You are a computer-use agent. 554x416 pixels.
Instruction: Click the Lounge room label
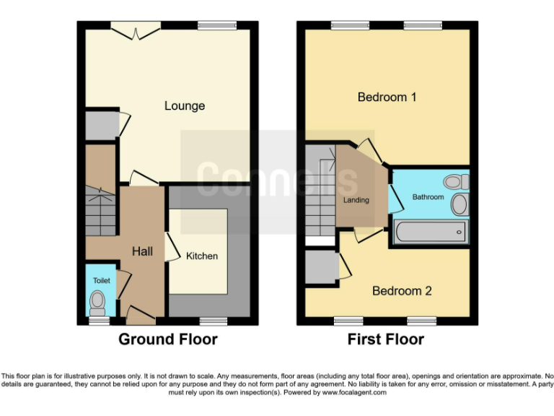click(185, 106)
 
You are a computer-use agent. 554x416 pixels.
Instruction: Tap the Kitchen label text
click(202, 256)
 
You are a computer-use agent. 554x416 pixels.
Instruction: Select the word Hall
click(142, 251)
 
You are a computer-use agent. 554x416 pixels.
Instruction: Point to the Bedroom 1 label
click(387, 97)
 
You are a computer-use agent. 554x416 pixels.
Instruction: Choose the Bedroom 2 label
click(402, 291)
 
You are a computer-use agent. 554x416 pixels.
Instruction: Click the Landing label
click(356, 200)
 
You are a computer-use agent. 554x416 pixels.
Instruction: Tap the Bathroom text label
click(428, 196)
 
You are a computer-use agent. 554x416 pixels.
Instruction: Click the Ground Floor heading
click(167, 339)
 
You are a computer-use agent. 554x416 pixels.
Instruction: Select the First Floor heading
click(386, 339)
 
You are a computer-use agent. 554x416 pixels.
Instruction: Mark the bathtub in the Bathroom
click(430, 233)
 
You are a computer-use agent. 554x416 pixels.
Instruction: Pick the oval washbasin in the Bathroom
click(459, 204)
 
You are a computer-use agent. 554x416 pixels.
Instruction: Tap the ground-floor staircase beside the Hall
click(100, 210)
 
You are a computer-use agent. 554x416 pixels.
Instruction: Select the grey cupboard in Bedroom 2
click(321, 267)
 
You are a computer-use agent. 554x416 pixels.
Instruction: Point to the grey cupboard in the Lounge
click(101, 125)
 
